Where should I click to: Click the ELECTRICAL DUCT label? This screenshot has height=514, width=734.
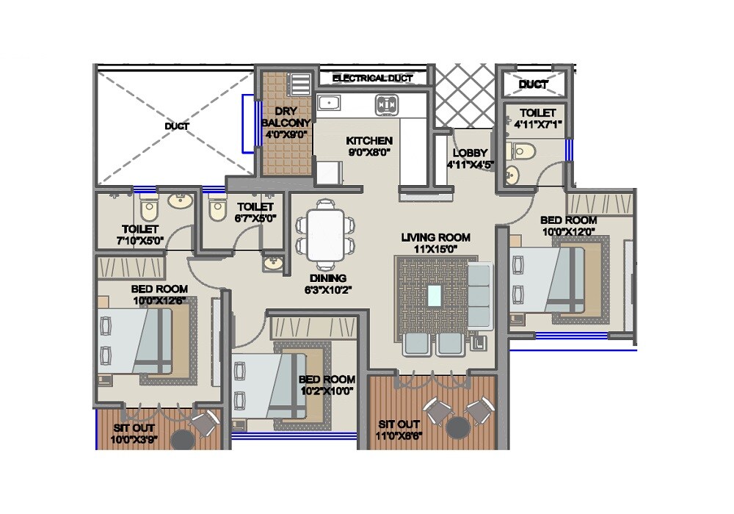[x=372, y=78]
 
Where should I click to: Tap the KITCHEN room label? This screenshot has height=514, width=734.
[x=369, y=140]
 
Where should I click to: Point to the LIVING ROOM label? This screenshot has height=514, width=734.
[x=435, y=237]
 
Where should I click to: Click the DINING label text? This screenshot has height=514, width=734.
[x=327, y=278]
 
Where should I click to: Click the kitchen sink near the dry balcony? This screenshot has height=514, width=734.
[x=327, y=104]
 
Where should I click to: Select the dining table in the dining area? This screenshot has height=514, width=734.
[x=325, y=235]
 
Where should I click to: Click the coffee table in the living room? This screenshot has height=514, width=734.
[x=435, y=295]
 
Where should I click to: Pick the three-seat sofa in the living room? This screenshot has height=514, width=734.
[x=479, y=296]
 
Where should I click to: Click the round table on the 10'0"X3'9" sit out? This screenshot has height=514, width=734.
[x=182, y=439]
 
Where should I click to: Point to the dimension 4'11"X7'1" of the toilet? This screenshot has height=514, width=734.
[x=538, y=125]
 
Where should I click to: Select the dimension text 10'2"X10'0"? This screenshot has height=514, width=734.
[x=327, y=391]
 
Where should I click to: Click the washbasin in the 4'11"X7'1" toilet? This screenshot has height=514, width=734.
[x=512, y=175]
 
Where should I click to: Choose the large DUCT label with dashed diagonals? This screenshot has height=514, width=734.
[x=176, y=126]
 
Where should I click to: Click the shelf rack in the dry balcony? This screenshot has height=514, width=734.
[x=299, y=84]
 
